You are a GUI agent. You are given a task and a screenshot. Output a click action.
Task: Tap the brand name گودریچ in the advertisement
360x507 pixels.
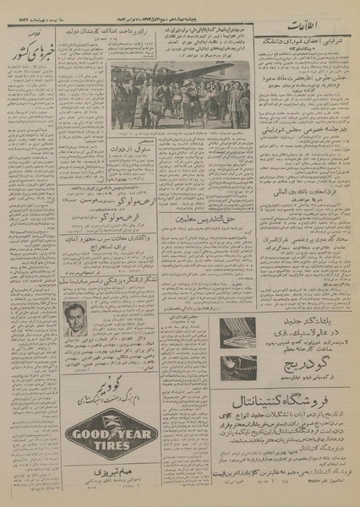pos(303,355)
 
